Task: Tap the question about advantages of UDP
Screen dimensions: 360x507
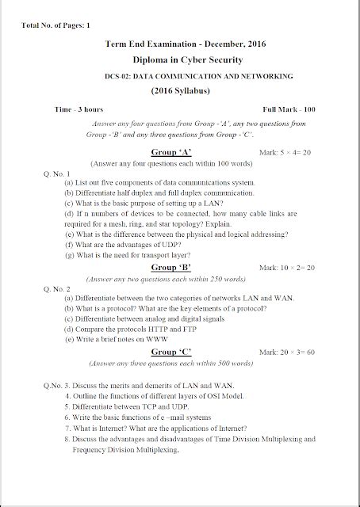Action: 117,246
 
